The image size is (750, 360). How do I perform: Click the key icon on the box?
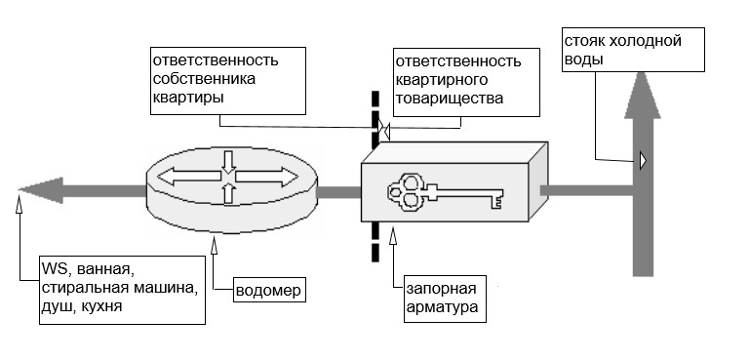click(445, 192)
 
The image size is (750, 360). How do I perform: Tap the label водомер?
click(270, 291)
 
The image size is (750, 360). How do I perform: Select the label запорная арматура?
click(442, 299)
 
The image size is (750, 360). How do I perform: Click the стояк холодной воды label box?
click(633, 50)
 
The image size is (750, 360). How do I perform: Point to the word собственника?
click(204, 79)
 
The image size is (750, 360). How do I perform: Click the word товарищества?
click(450, 99)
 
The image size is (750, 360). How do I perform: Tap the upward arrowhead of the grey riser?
click(643, 95)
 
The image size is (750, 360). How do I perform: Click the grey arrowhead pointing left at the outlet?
click(41, 190)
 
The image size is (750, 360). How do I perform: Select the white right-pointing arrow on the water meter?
click(266, 177)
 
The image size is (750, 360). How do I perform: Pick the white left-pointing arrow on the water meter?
click(189, 177)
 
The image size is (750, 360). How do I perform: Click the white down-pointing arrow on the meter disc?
click(229, 162)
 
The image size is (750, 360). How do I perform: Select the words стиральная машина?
click(120, 289)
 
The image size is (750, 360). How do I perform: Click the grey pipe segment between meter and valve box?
click(338, 192)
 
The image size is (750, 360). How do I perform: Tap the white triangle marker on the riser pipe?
click(644, 160)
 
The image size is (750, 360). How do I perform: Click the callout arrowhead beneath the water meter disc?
click(214, 244)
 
